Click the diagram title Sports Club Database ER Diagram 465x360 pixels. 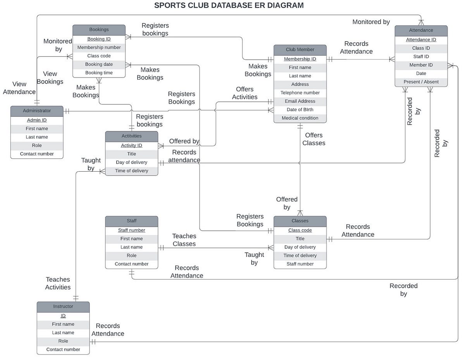coord(229,5)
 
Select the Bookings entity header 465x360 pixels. coord(99,29)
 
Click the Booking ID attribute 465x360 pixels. coord(99,39)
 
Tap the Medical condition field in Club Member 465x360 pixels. coord(300,118)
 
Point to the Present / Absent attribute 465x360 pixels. coord(421,82)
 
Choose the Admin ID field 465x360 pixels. coord(37,120)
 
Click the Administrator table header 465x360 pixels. coord(37,111)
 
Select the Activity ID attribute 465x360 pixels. coord(131,145)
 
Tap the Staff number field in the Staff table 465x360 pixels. coord(131,230)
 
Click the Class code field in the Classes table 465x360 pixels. coord(300,230)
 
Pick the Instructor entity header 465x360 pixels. coord(63,307)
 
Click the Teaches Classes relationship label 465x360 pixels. coord(184,240)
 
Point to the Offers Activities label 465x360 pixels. coord(245,93)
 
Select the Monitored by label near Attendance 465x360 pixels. coord(371,22)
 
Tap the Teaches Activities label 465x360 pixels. coord(58,283)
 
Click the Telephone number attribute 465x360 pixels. coord(300,93)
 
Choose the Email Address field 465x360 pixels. coord(300,101)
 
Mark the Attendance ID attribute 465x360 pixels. coord(421,40)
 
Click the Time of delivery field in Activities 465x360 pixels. coord(131,171)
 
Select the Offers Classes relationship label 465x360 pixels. coord(313,139)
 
